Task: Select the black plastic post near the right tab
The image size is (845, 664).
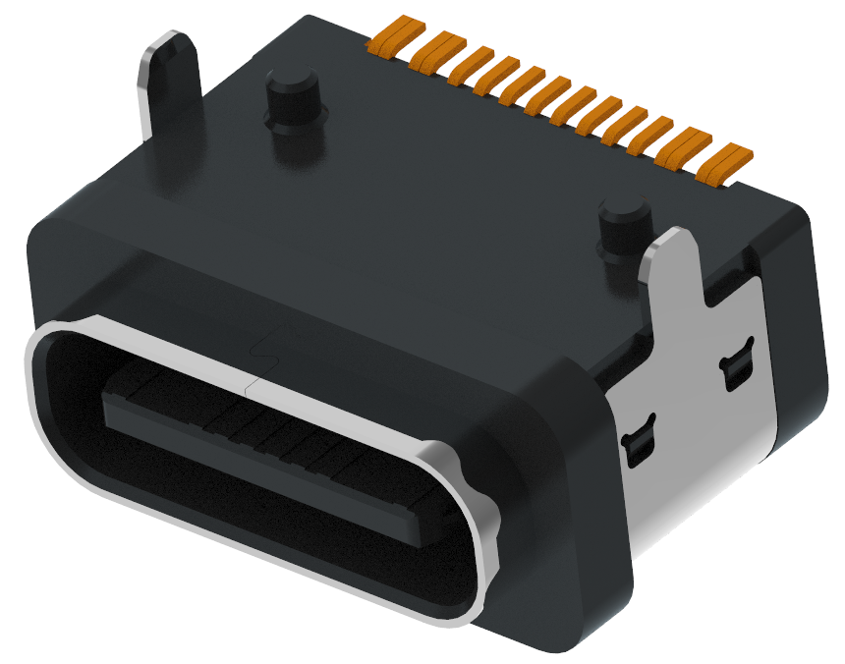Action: click(x=622, y=231)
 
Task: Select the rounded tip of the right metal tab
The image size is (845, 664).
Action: click(x=678, y=238)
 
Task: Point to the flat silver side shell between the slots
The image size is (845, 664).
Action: click(x=688, y=413)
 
